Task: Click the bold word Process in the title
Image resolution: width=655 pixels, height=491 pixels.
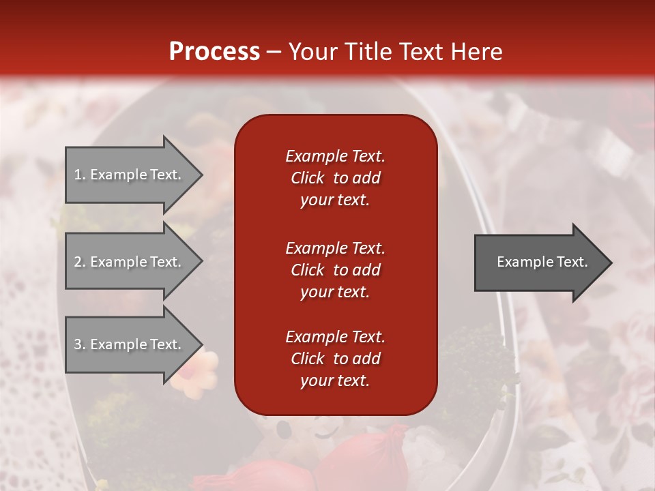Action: coord(214,52)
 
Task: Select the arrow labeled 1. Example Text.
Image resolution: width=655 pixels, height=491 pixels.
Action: coord(128,175)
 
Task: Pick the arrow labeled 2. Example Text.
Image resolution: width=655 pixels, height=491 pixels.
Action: coord(128,262)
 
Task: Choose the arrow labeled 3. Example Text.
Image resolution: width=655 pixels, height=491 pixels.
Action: coord(128,344)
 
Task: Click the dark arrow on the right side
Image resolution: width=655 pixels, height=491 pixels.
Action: coord(539,262)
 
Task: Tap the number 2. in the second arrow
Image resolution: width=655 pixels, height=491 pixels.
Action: coord(80,262)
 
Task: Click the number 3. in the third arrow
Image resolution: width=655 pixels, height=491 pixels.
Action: coord(80,344)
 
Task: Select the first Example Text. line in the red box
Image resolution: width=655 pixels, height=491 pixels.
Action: coord(335,156)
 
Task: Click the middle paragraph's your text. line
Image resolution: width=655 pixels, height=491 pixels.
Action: coord(335,292)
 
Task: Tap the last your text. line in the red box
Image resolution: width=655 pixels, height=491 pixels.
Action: coord(335,381)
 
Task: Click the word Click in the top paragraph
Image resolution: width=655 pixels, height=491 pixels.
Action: coord(308,178)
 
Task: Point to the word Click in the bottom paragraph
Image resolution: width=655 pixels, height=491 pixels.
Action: coord(308,359)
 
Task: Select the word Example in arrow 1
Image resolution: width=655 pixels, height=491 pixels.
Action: coord(118,175)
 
